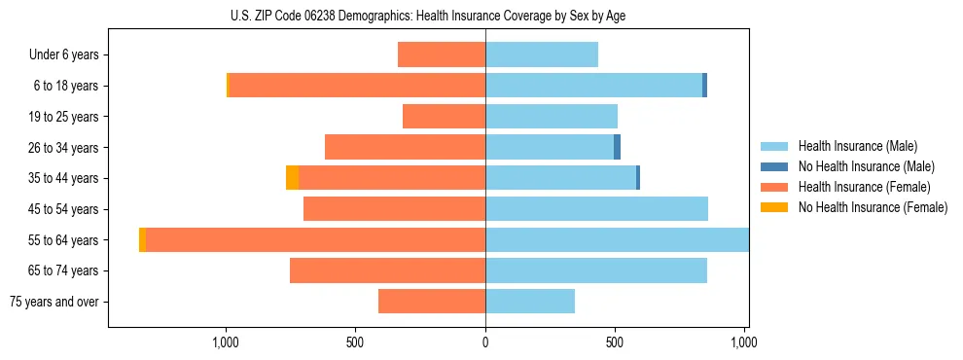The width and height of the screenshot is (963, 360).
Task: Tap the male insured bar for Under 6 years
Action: point(541,54)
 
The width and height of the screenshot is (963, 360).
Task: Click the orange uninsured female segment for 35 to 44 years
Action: point(292,178)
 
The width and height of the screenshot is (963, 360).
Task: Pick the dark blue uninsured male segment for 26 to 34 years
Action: point(617,147)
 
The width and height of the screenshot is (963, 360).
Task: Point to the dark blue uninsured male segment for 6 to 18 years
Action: point(704,86)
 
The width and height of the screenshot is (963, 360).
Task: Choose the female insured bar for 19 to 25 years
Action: point(444,117)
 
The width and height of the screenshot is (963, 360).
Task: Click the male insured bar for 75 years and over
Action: point(529,302)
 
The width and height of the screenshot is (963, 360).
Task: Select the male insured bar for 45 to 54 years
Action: point(596,209)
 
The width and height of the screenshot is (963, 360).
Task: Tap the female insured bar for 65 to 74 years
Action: point(387,270)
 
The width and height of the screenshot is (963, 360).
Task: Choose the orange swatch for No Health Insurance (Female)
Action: point(774,207)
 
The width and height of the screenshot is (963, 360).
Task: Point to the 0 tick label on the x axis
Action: point(485,342)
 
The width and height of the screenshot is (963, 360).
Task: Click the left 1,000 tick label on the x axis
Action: point(226,342)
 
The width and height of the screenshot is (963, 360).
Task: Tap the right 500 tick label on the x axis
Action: point(615,342)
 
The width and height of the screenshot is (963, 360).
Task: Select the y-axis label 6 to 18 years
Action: point(65,86)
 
